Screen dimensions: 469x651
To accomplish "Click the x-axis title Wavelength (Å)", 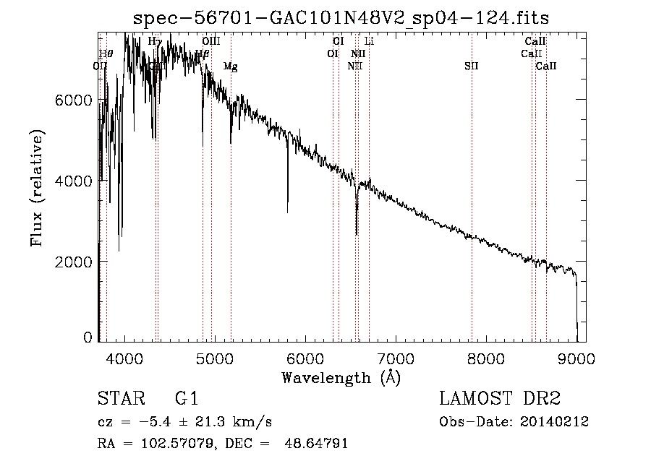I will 341,377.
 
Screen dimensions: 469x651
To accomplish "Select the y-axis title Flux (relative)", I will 37,188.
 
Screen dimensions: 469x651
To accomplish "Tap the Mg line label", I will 230,66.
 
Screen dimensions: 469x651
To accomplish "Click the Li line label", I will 368,42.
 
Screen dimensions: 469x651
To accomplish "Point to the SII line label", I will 472,66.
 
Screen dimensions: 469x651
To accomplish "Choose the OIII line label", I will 211,42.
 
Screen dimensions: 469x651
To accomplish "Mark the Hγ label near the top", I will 155,42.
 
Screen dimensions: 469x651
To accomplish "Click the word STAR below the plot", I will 119,399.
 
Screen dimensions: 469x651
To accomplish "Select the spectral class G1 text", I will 186,399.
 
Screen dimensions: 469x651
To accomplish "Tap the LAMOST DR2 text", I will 500,399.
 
